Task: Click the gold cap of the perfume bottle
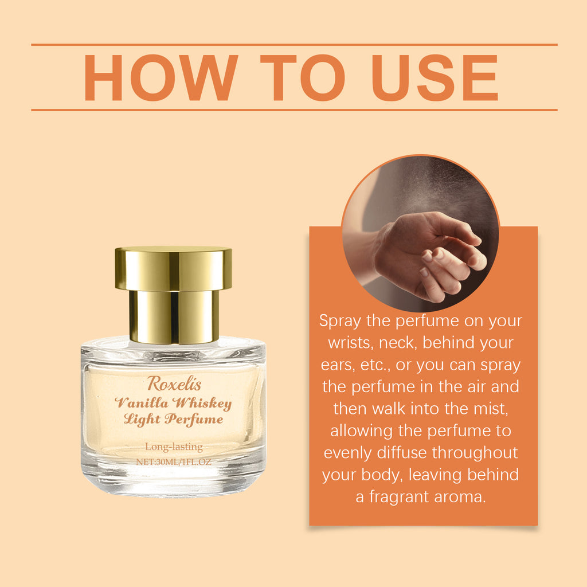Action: point(173,269)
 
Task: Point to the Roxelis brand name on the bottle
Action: point(174,383)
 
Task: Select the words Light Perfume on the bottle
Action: point(174,419)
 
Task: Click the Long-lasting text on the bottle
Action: point(174,447)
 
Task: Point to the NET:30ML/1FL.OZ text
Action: point(174,461)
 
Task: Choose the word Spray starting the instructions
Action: point(340,321)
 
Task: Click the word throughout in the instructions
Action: point(475,452)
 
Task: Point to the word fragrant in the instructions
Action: point(397,496)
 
